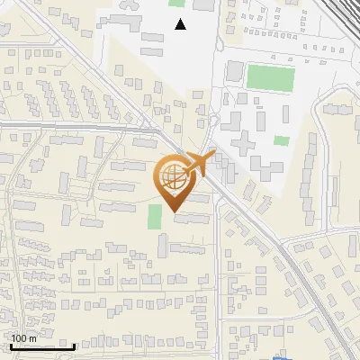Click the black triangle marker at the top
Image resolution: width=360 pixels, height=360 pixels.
tap(181, 24)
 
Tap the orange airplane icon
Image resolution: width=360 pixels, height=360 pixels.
tap(199, 165)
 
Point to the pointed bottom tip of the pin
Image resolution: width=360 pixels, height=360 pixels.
tap(174, 212)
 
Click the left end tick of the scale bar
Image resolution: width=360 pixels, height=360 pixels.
tap(10, 346)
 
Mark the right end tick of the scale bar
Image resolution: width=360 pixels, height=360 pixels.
tap(75, 346)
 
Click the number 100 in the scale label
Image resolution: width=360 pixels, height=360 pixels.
tap(19, 338)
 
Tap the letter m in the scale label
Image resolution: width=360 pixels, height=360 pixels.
tap(32, 338)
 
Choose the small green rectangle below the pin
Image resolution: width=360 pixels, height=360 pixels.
tap(155, 217)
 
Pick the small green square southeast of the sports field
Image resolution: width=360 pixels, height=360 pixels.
tap(282, 140)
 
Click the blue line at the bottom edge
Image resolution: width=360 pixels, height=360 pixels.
tap(283, 356)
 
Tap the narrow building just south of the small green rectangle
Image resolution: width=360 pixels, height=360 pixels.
tap(163, 242)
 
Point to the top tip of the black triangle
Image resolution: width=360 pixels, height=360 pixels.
tap(181, 19)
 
